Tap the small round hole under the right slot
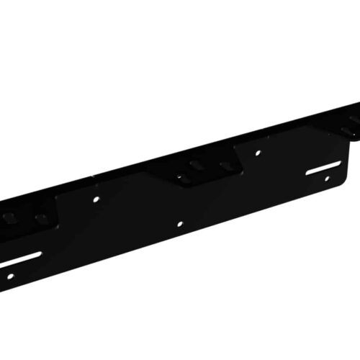coord(328,179)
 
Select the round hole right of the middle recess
coord(258,153)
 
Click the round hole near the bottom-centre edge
coord(179,224)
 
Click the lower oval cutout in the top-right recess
coord(348,130)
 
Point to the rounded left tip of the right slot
coord(306,174)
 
